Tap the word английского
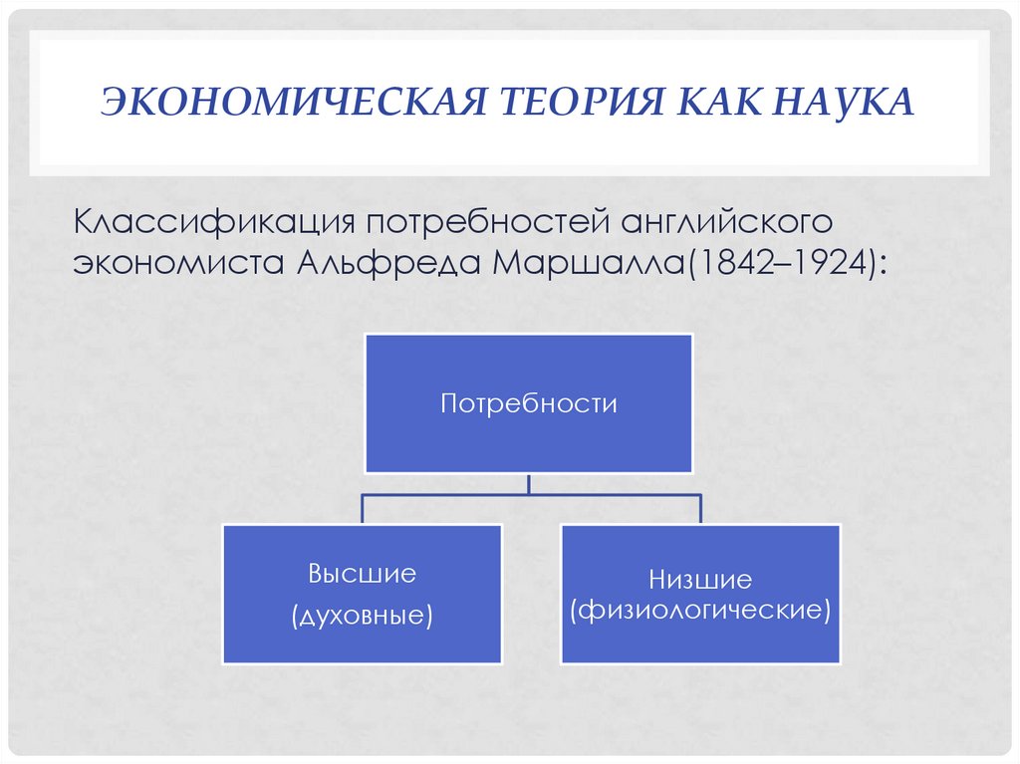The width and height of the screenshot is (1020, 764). [725, 221]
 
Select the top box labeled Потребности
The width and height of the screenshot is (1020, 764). [528, 403]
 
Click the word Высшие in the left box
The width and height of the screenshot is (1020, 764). [362, 574]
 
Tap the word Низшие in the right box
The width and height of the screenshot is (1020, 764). [700, 579]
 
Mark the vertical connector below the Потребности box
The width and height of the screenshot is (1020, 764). [529, 483]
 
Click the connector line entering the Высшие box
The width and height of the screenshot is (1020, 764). [362, 508]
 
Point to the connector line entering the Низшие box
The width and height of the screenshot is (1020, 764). [700, 508]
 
